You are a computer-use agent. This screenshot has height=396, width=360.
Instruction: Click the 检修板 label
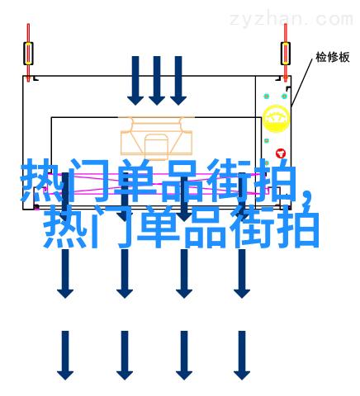(x=333, y=57)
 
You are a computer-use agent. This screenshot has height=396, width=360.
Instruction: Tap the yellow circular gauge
(x=276, y=119)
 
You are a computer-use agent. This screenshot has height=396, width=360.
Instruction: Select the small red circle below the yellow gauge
(x=281, y=153)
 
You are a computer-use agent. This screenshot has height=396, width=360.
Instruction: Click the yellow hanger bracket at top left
(x=28, y=54)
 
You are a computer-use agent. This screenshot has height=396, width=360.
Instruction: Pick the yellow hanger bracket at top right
(x=286, y=54)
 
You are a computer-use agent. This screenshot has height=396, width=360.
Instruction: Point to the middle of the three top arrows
(x=157, y=81)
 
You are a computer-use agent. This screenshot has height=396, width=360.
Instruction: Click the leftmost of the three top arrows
(x=135, y=81)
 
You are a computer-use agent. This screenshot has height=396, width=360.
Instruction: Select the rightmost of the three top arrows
(x=178, y=81)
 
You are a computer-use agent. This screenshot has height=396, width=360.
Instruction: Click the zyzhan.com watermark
(x=291, y=20)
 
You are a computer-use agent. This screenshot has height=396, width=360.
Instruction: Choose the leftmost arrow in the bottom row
(x=65, y=356)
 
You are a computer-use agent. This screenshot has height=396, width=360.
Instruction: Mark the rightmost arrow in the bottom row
(x=242, y=356)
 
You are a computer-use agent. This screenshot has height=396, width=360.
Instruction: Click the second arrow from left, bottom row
(x=125, y=356)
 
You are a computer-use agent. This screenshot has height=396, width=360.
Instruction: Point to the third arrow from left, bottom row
(x=184, y=356)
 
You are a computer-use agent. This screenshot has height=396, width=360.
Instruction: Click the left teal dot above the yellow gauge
(x=266, y=97)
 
